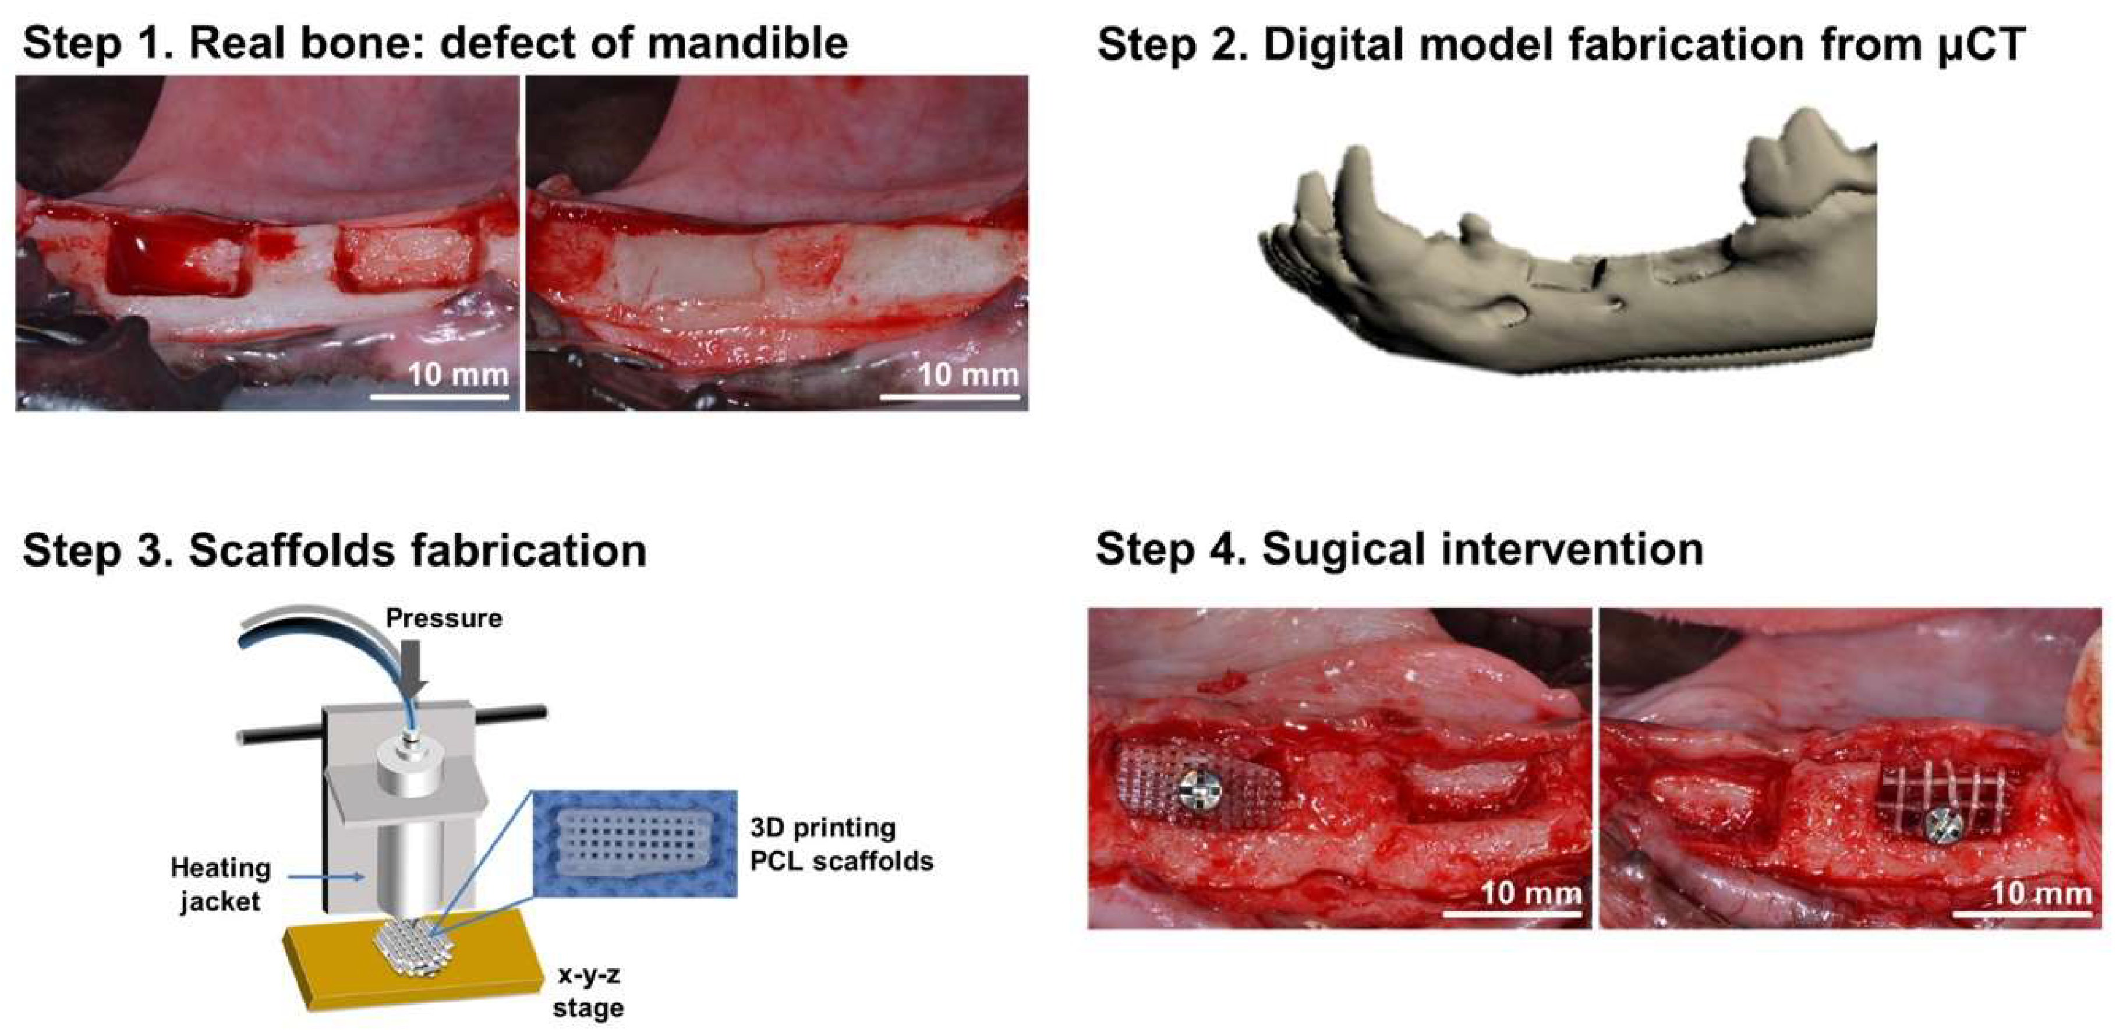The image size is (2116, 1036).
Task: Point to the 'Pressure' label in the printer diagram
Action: [444, 618]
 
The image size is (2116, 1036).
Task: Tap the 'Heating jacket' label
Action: [220, 884]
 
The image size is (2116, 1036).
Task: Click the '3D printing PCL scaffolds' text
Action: [841, 844]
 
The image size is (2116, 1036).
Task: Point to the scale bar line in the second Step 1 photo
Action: [950, 398]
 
